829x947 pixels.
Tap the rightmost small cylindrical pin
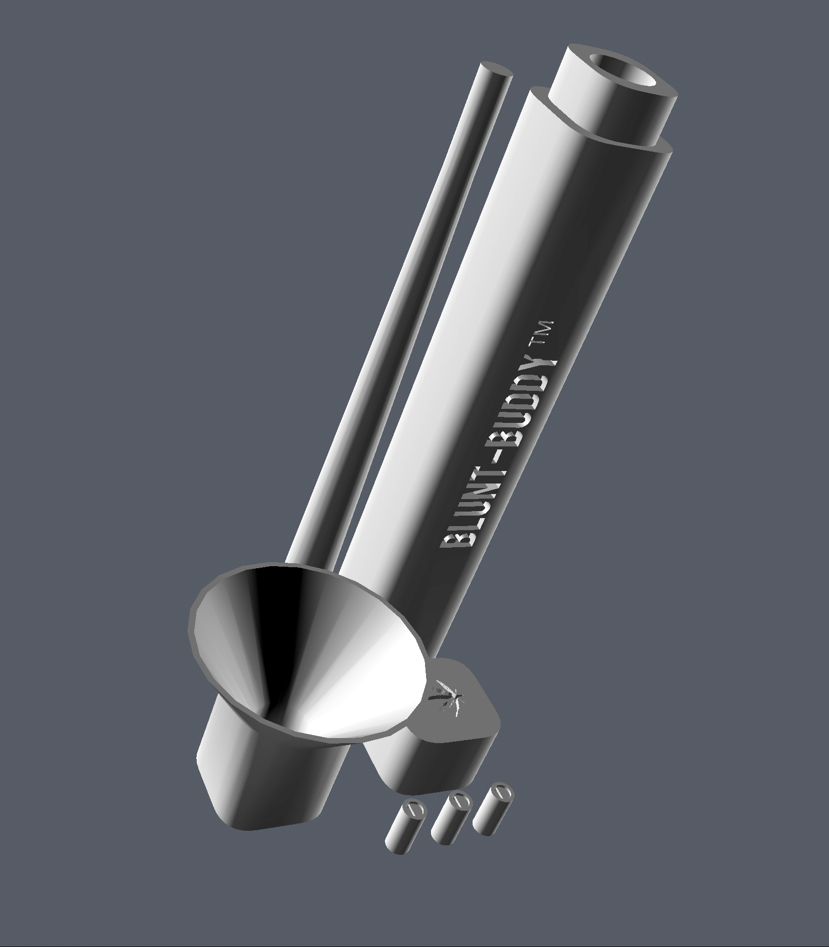tap(492, 806)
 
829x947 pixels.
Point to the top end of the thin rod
tap(496, 70)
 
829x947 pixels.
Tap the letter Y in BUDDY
tap(543, 368)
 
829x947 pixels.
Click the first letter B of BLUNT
tap(453, 540)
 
